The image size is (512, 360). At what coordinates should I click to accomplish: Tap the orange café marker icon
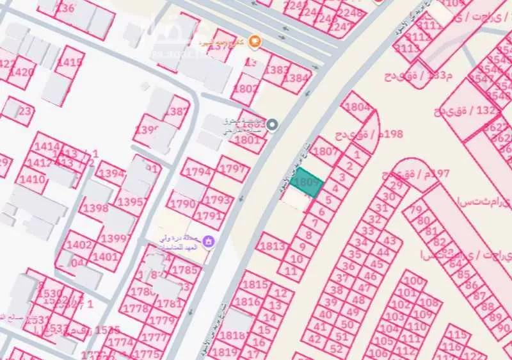(x=255, y=42)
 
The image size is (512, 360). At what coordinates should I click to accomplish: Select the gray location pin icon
(x=272, y=124)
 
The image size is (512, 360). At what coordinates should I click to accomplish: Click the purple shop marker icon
(x=208, y=241)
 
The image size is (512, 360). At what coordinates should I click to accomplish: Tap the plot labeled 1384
(x=296, y=78)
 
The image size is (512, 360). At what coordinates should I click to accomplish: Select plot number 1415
(x=70, y=62)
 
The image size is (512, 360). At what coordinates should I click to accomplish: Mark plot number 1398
(x=95, y=208)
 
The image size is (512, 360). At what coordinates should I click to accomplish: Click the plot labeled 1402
(x=79, y=244)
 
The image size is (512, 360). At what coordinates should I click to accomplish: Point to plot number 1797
(x=232, y=169)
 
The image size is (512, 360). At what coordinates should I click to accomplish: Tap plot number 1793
(x=218, y=200)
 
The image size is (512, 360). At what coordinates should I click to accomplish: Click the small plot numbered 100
(x=415, y=281)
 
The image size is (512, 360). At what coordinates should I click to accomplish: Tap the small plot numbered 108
(x=431, y=302)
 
